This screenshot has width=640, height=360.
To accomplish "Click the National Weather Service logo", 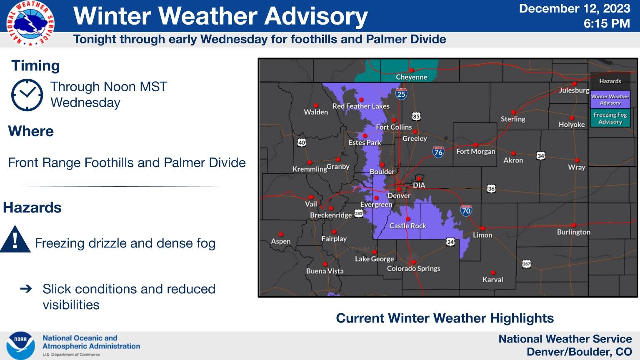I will [30, 23].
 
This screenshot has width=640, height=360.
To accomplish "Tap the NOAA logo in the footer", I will [20, 345].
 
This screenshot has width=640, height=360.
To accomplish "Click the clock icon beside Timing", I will [27, 95].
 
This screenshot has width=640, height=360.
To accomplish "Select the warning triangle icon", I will [15, 240].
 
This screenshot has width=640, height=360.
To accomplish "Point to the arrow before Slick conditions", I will [26, 288].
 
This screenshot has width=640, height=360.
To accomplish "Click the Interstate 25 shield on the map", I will [401, 94].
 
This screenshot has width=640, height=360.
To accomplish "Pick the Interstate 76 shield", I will [438, 152].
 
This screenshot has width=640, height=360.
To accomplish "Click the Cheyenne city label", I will [411, 77].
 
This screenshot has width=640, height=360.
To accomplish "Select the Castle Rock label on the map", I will [407, 226].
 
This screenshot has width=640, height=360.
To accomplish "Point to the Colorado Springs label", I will [413, 268].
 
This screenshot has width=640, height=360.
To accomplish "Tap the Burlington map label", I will [573, 232].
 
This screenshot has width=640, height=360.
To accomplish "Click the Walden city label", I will [315, 112].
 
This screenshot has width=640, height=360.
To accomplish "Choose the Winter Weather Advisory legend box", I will [610, 100].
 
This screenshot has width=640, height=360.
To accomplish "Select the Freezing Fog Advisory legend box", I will [610, 118].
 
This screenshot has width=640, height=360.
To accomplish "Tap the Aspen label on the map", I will [280, 241].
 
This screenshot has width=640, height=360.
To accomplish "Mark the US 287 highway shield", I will [526, 264].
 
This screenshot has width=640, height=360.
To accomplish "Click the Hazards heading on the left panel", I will [32, 207].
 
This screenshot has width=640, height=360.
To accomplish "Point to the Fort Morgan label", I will [475, 151].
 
